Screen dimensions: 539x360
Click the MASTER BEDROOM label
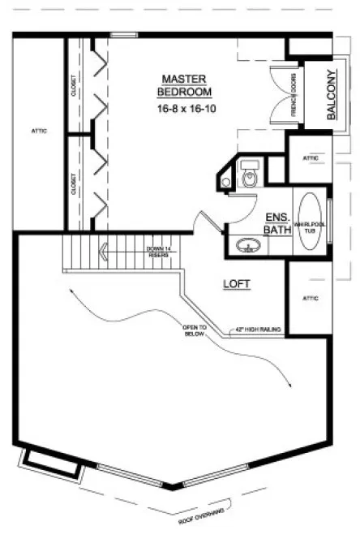[184, 84]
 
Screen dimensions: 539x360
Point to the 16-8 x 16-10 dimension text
[184, 106]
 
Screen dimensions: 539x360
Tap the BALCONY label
[331, 97]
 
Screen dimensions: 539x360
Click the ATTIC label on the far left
[38, 131]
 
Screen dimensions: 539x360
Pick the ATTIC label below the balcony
[310, 157]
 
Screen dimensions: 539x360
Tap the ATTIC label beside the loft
[311, 299]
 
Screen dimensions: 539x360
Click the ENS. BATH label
[278, 223]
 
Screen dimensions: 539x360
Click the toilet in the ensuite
[250, 175]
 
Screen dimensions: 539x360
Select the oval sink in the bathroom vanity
[247, 244]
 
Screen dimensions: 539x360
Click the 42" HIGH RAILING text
[258, 330]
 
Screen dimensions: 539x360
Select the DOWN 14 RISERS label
[157, 252]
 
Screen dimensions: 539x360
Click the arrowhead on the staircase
[102, 252]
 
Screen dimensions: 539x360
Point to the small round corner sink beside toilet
[225, 183]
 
